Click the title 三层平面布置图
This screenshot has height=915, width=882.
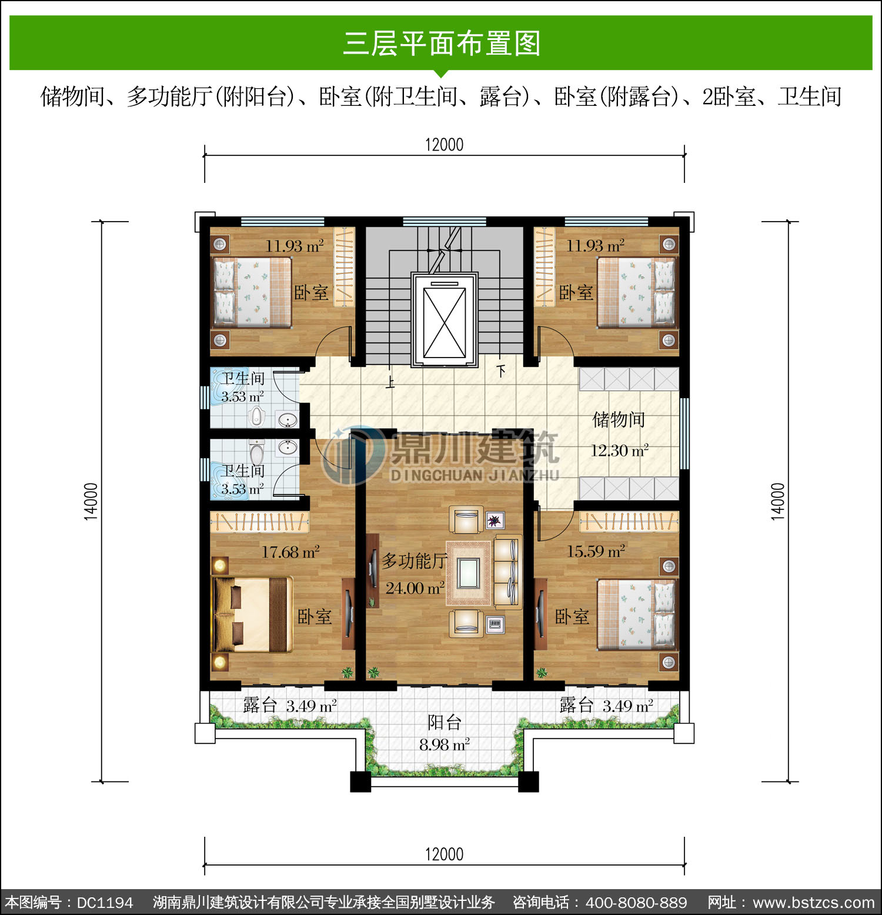(x=442, y=43)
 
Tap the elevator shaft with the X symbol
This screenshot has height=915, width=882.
(x=445, y=320)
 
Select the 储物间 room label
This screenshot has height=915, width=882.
(x=619, y=419)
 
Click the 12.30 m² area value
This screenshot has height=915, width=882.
(x=620, y=450)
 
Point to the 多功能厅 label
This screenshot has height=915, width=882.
(x=414, y=561)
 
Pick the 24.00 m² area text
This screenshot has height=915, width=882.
(x=415, y=588)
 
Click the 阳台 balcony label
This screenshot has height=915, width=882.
(x=445, y=722)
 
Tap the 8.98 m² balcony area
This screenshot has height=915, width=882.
(x=445, y=744)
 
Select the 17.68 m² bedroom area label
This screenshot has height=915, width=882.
(x=290, y=552)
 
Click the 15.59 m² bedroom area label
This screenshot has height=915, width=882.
(x=596, y=551)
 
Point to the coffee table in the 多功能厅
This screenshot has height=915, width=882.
(x=468, y=573)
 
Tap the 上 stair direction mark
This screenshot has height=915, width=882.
(x=390, y=382)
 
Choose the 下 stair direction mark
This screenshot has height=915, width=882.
(x=501, y=371)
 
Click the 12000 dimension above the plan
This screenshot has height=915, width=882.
(x=445, y=144)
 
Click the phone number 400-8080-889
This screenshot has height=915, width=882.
(x=636, y=903)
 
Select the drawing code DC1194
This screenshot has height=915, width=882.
(x=105, y=903)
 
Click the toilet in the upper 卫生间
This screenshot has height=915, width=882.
(x=256, y=416)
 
